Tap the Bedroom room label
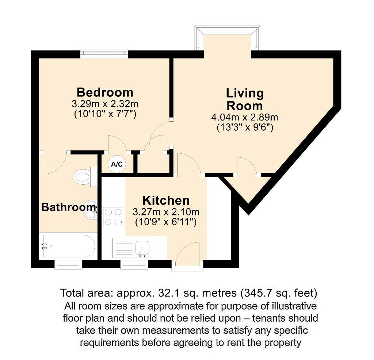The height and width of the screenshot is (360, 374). click(x=105, y=92)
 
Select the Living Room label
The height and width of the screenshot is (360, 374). click(x=245, y=99)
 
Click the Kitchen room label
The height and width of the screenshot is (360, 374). click(x=166, y=200)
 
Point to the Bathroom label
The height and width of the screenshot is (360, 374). click(x=68, y=207)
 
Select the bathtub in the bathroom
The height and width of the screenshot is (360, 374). click(x=68, y=246)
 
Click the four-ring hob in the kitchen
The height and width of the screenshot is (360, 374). click(x=113, y=217)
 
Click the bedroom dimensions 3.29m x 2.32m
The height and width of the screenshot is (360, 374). click(x=105, y=104)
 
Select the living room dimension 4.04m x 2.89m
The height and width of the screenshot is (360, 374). click(x=245, y=118)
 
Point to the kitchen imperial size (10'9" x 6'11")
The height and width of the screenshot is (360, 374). click(x=166, y=222)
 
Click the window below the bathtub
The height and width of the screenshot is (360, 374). click(x=68, y=264)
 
